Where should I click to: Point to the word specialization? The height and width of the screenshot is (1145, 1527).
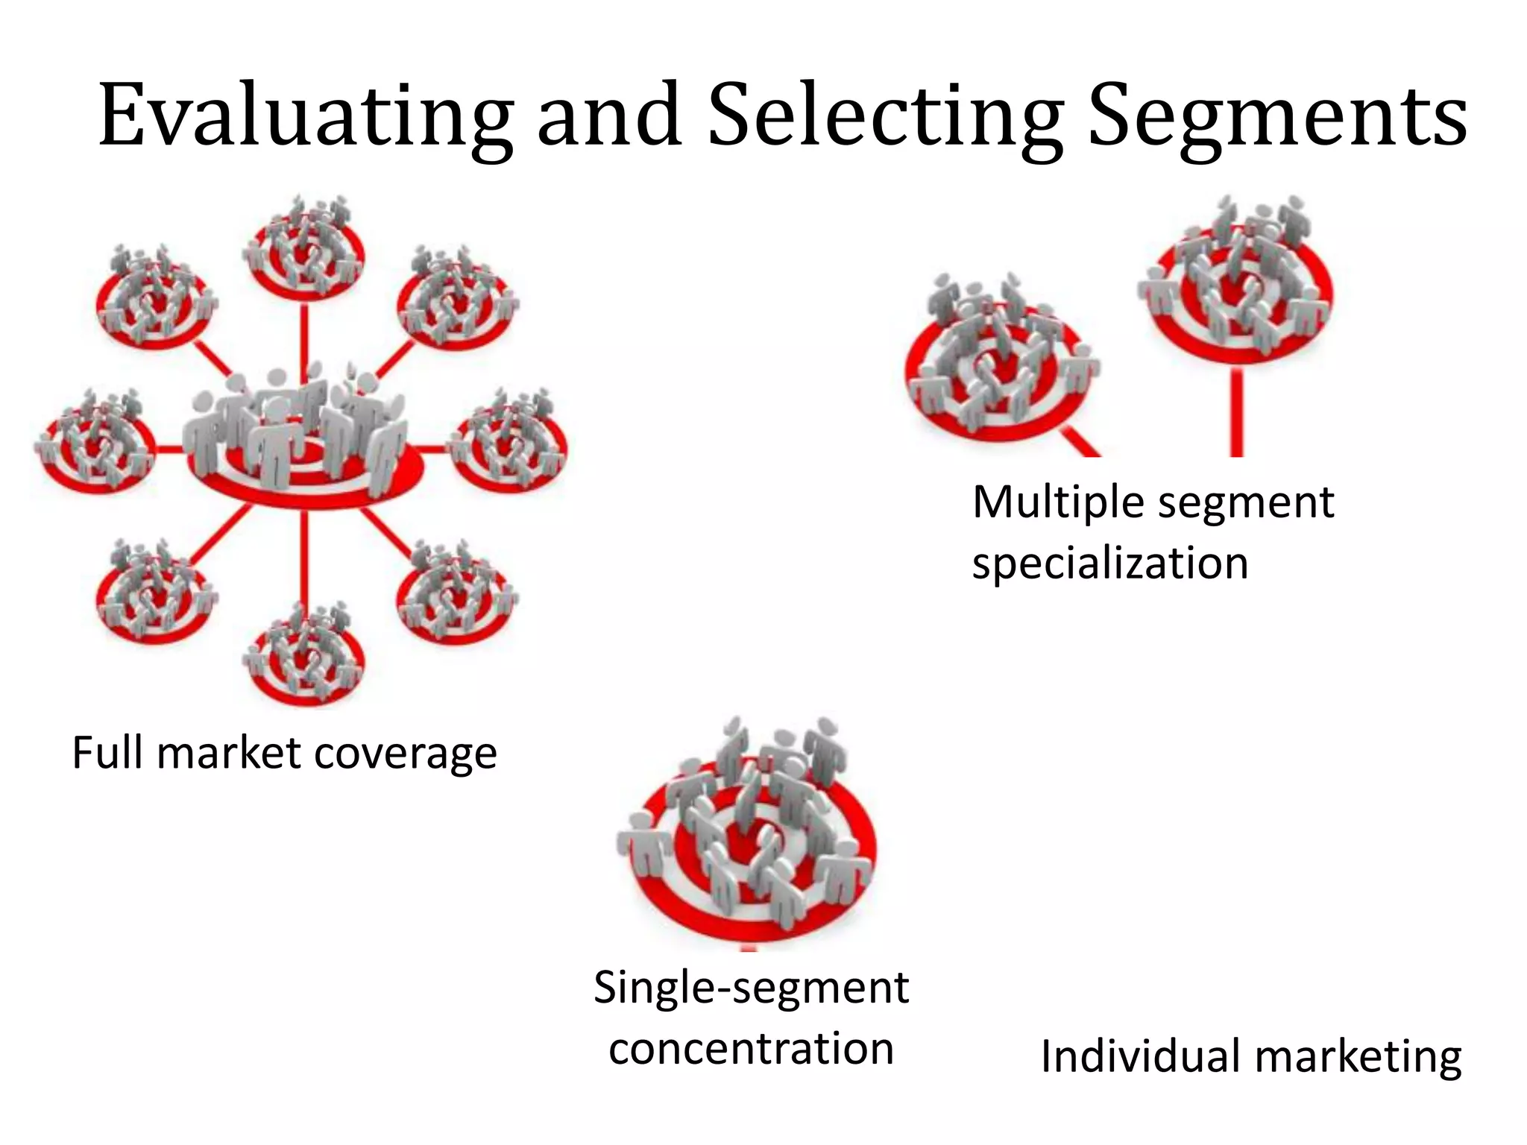coord(1110,563)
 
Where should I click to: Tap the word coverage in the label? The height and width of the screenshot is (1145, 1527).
coord(406,753)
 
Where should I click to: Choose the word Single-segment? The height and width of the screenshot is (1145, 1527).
coord(751,989)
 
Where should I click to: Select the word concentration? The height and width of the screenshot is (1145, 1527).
coord(751,1049)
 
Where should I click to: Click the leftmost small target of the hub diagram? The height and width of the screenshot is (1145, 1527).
coord(95,447)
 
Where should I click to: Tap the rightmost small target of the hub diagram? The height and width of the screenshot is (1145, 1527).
coord(511,446)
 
